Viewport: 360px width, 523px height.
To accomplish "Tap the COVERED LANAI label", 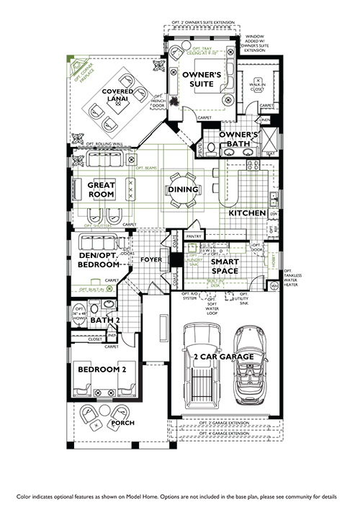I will tap(116, 96).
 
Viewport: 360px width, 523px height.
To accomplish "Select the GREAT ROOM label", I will tap(102, 189).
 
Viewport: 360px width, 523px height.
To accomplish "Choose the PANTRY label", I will tap(193, 236).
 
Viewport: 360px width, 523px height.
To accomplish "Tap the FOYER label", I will tap(151, 259).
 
